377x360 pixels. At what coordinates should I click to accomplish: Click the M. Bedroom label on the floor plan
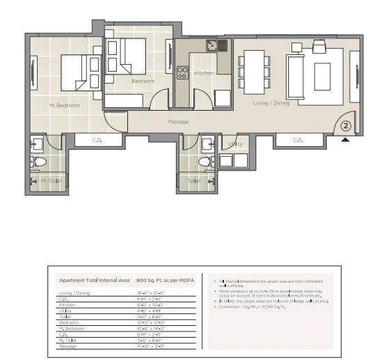(x=65, y=105)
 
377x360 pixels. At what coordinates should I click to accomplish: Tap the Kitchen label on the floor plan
(x=204, y=73)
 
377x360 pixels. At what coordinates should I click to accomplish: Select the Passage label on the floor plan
(x=179, y=122)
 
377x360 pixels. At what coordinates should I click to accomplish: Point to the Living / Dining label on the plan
(x=271, y=104)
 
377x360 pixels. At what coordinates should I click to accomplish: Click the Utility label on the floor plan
(x=235, y=144)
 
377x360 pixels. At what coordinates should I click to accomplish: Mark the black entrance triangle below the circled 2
(x=345, y=139)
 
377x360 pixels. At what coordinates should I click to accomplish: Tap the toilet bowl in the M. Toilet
(x=39, y=162)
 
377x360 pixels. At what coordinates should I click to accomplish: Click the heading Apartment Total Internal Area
(x=94, y=281)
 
